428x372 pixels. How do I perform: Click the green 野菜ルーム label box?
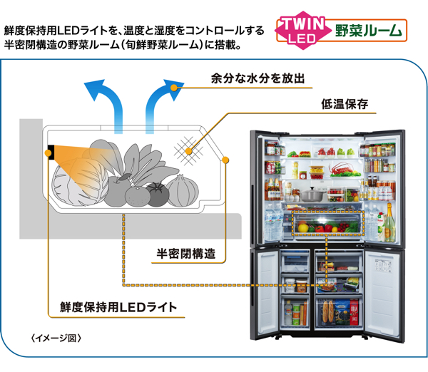[x=370, y=31]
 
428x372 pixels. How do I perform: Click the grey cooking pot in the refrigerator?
[x=313, y=194]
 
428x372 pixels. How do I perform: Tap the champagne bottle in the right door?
[x=389, y=221]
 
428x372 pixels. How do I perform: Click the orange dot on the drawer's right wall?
[x=226, y=160]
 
